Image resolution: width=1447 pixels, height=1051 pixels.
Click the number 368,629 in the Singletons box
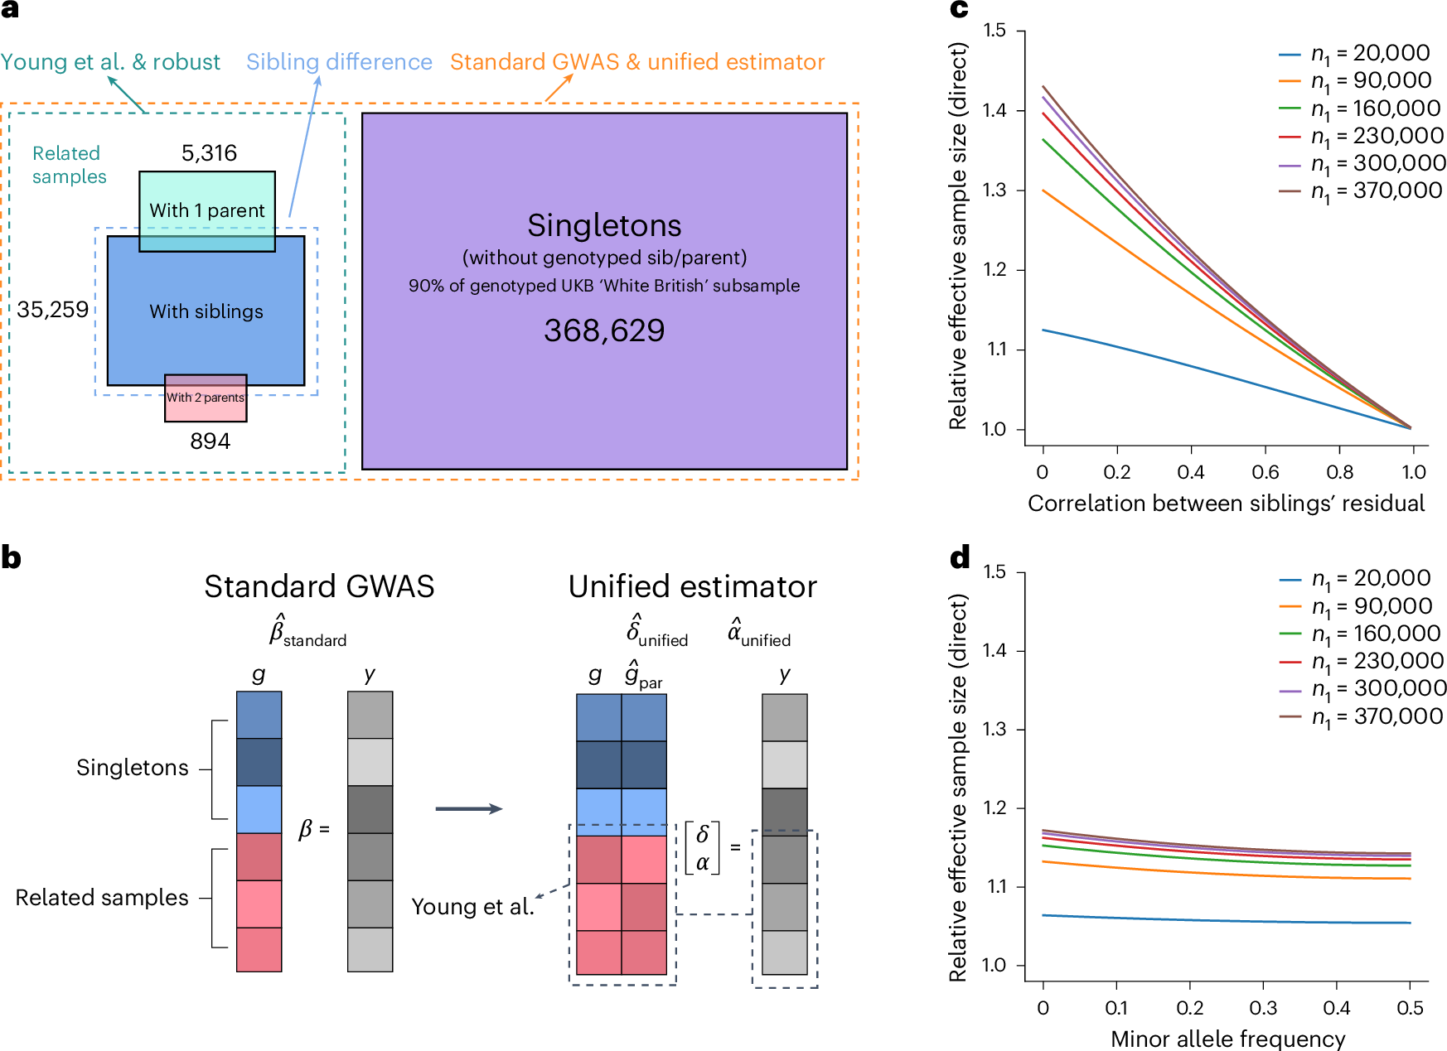[604, 330]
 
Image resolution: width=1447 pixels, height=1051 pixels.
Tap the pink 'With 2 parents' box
[206, 398]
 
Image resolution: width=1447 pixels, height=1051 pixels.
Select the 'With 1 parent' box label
[207, 210]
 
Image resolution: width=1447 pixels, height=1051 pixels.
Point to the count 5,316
[209, 153]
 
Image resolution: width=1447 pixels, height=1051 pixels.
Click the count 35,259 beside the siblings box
[52, 310]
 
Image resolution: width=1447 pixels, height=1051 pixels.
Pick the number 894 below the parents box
[210, 441]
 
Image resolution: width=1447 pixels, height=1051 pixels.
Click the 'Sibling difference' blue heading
[339, 62]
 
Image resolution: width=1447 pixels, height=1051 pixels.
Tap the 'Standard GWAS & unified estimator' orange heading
[637, 62]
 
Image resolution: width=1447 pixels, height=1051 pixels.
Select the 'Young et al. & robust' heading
[110, 62]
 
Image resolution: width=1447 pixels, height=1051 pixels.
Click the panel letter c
[959, 10]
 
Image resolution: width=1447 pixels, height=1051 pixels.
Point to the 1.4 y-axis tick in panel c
[995, 111]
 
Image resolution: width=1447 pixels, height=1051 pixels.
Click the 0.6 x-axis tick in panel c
[1266, 473]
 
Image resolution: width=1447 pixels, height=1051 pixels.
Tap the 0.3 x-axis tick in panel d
[1263, 1009]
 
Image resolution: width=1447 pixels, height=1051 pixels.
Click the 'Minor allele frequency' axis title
[1227, 1039]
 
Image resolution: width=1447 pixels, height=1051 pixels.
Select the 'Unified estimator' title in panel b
[692, 586]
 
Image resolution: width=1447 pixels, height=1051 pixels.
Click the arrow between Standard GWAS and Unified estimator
[469, 809]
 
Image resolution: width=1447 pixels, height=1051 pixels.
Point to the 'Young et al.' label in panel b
[472, 907]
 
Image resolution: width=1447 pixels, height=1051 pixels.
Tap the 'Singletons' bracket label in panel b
[133, 768]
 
